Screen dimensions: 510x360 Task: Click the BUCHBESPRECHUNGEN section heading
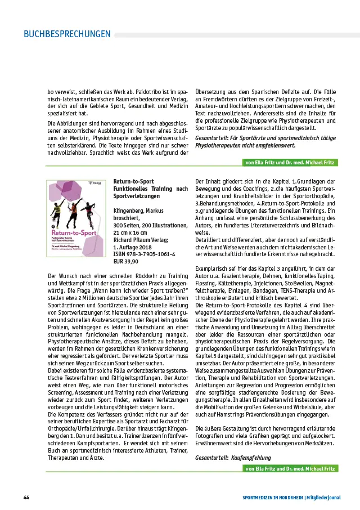[x=67, y=34]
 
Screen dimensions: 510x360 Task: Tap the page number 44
[x=26, y=498]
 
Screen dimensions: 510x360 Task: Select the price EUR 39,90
[x=126, y=262]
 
